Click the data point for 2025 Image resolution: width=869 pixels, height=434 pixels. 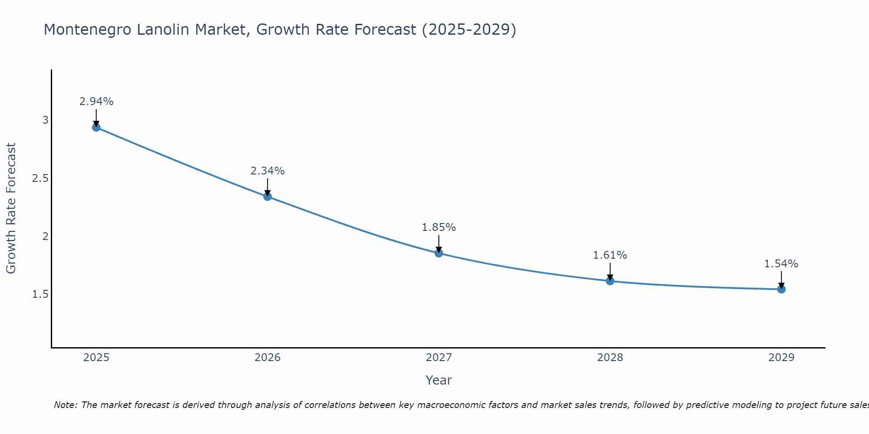(x=96, y=127)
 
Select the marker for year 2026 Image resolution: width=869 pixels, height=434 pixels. (x=267, y=197)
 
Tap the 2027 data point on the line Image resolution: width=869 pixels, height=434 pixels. (x=439, y=253)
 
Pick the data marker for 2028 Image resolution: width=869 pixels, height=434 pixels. (x=610, y=281)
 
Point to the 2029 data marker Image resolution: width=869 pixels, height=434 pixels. (x=781, y=289)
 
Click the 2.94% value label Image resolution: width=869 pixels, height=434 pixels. (x=96, y=102)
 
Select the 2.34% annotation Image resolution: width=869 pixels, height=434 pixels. (x=267, y=171)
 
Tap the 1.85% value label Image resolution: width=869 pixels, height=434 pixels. (x=439, y=227)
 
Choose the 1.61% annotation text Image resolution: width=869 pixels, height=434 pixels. (x=610, y=255)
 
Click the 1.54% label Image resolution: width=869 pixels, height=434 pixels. (x=781, y=264)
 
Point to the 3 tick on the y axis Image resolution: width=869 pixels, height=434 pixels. (x=45, y=120)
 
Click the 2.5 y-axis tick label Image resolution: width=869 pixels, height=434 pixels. (x=40, y=178)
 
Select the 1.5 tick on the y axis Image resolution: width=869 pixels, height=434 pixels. (x=40, y=295)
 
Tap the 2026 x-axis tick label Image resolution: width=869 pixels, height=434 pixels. (x=267, y=358)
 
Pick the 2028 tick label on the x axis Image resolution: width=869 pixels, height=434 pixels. (x=610, y=358)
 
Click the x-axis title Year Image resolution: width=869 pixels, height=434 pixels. (x=439, y=380)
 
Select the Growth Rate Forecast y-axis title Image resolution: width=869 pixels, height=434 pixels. (x=11, y=208)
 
